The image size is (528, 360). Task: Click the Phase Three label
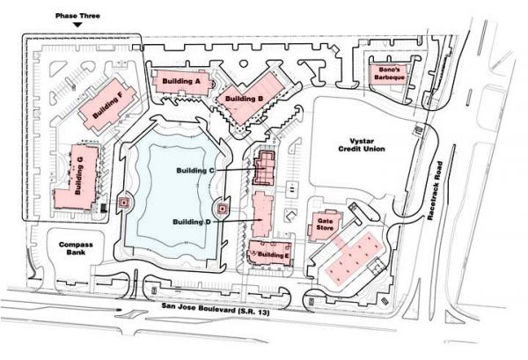coord(77,16)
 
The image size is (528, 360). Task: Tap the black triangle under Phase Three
coord(77,25)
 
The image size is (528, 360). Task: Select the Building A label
coord(181,81)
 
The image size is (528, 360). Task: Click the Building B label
coord(244,99)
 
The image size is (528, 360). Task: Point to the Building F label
coord(107,104)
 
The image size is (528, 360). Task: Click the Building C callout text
coord(195,171)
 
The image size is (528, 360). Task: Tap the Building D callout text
coord(192,222)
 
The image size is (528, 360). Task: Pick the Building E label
coord(273,255)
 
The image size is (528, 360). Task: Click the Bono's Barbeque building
coord(389,74)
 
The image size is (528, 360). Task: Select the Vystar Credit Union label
coord(362,145)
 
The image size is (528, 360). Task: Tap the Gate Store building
coord(325,225)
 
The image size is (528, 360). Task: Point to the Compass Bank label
coord(76,248)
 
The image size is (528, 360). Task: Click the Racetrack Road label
coord(435,191)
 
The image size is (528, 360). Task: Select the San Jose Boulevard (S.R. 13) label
coord(216,309)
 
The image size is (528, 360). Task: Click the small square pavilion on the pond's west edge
coord(125,202)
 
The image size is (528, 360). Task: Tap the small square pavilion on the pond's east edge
coord(222,209)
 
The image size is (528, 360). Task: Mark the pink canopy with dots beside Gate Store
coord(355,258)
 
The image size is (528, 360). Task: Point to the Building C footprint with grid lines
coord(264,168)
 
